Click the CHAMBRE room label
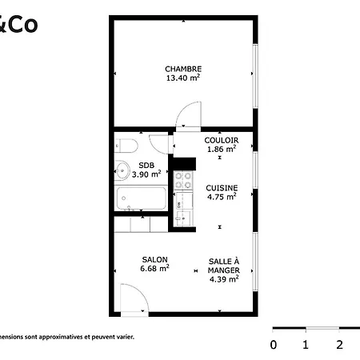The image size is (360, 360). [183, 69]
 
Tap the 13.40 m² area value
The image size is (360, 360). [183, 78]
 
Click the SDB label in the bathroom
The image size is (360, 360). [146, 165]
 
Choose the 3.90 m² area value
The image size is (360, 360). [146, 174]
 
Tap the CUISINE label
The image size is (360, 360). [221, 187]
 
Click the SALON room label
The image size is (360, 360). [154, 259]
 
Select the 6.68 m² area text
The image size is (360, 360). [154, 269]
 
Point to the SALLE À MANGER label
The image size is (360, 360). [224, 266]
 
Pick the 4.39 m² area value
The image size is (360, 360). [224, 280]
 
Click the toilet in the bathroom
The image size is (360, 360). [125, 145]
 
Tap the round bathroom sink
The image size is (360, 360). [122, 170]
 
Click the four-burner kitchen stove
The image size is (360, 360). [184, 181]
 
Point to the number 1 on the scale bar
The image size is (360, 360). [306, 345]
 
